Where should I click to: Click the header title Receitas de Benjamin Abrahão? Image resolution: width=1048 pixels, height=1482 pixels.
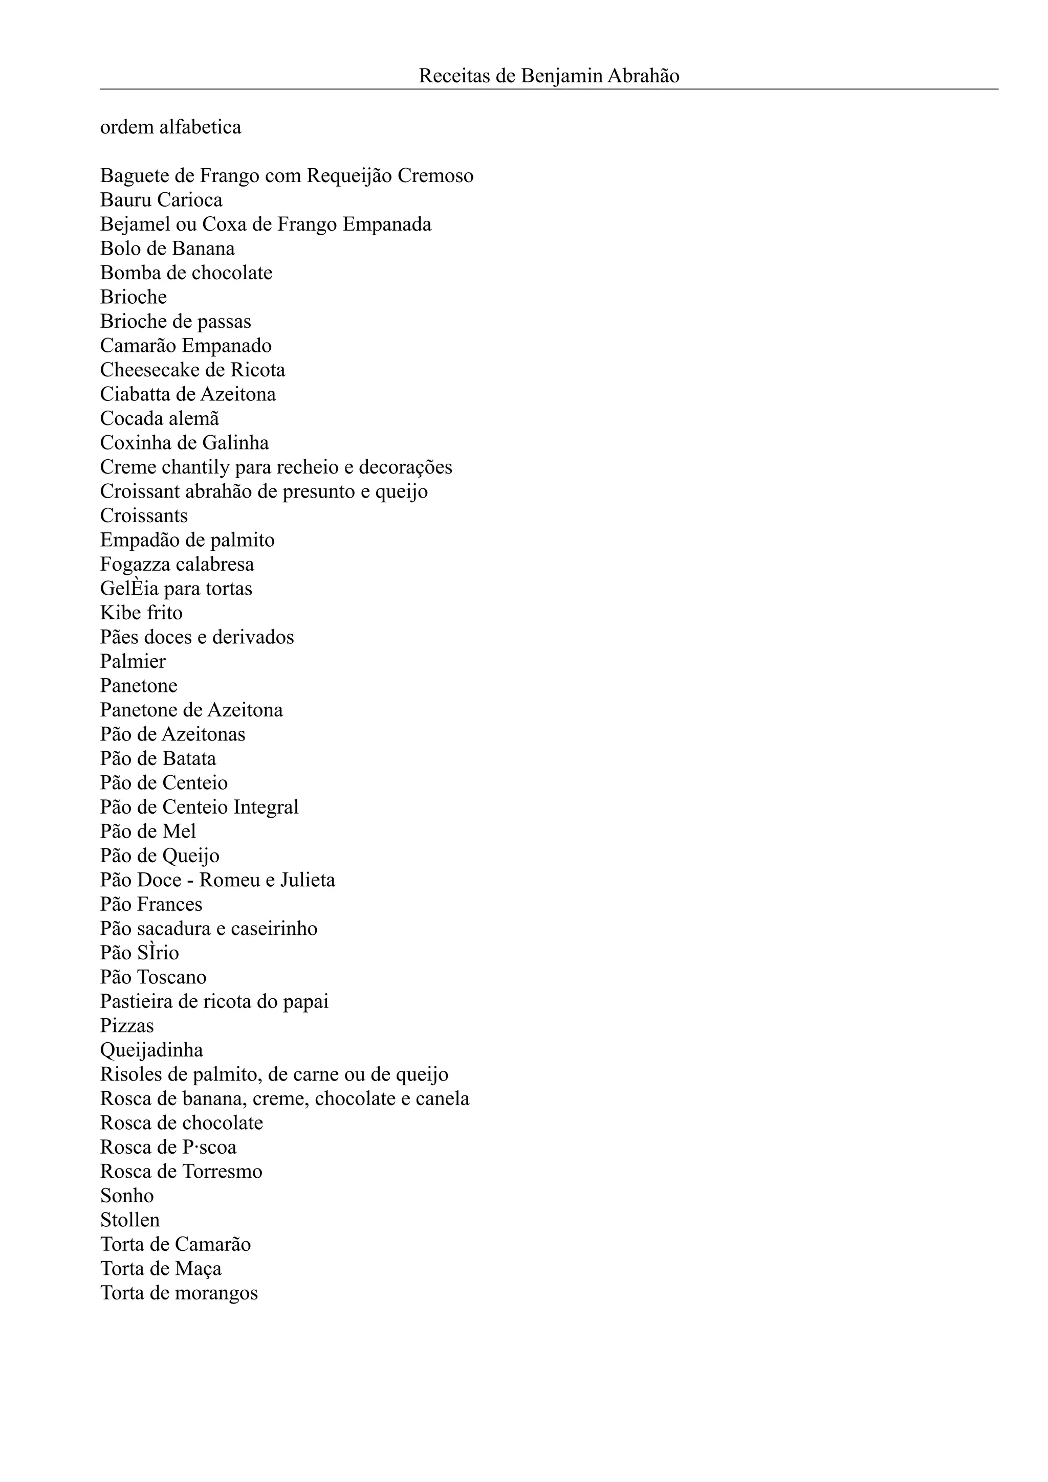point(549,76)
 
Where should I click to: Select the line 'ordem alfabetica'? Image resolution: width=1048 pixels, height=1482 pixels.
point(170,127)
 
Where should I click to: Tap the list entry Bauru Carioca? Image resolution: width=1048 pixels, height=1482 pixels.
point(161,200)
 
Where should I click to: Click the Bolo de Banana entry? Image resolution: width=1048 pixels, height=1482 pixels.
point(167,249)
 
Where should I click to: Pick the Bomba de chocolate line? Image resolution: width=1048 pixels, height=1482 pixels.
point(186,273)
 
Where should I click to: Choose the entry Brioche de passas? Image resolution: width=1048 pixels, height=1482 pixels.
point(176,322)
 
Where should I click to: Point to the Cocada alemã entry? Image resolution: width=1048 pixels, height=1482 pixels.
point(160,419)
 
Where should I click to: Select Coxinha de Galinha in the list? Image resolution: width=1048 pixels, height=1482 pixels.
point(184,443)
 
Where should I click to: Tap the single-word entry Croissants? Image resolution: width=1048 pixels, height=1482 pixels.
point(144,515)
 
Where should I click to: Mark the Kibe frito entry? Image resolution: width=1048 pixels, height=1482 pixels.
point(141,613)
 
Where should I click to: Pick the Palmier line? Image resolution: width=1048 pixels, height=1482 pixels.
point(133,662)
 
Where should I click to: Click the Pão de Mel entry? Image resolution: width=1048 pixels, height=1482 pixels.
point(148,832)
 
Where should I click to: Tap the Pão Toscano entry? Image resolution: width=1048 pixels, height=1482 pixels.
point(153,977)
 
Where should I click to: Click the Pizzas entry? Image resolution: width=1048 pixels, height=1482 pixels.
point(127,1026)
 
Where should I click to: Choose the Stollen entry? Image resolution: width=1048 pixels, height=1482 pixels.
point(130,1220)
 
